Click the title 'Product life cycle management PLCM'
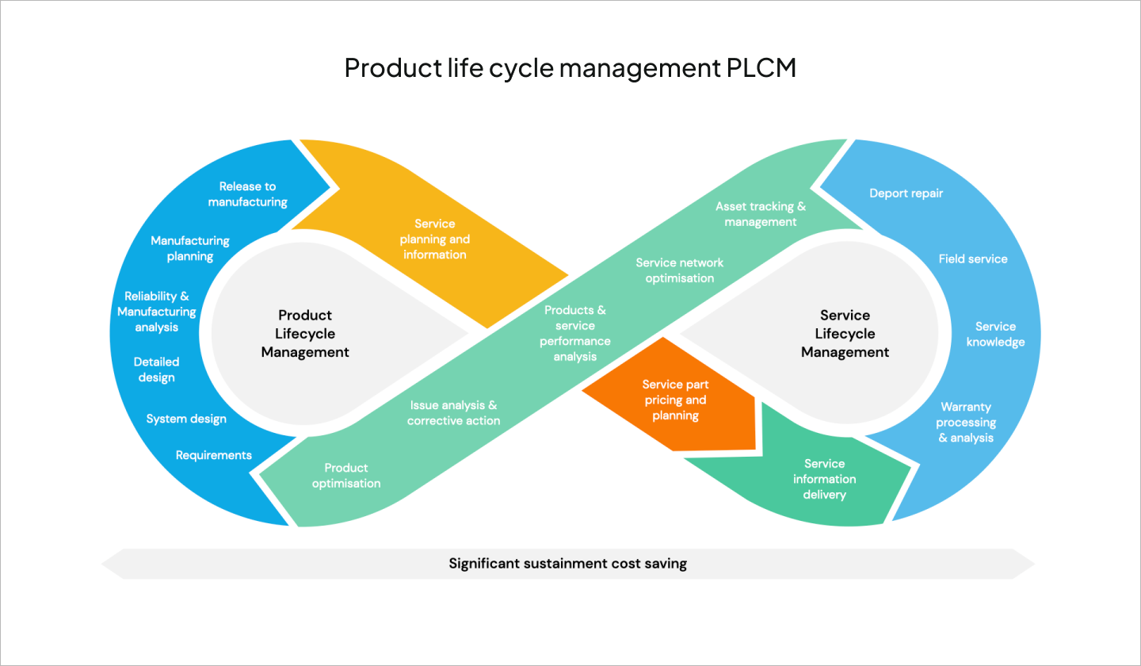tap(570, 68)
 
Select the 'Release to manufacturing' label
tap(247, 194)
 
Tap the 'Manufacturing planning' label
tap(190, 248)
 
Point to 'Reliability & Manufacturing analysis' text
tap(157, 312)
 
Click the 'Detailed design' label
tap(156, 369)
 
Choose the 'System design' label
tap(186, 419)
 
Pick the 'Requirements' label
tap(214, 455)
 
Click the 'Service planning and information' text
tap(434, 239)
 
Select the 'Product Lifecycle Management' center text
tap(305, 334)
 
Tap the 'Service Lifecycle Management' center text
tap(845, 334)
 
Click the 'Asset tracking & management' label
tap(760, 214)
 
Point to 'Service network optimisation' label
tap(679, 270)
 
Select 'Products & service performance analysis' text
tap(575, 333)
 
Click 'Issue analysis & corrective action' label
tap(453, 412)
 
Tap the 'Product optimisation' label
tap(346, 476)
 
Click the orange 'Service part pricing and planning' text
tap(674, 400)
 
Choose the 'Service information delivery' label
tap(824, 479)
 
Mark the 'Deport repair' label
tap(906, 193)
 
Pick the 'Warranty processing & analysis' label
tap(965, 422)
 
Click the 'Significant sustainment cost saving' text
tap(567, 564)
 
